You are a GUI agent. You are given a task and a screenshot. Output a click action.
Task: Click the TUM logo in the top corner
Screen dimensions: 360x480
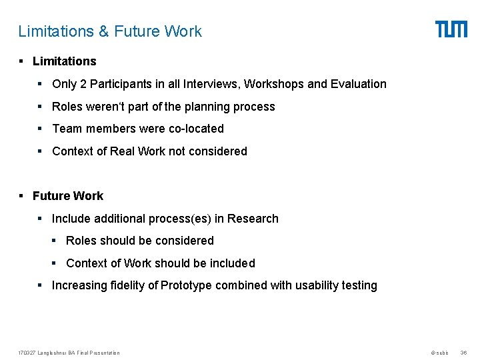tap(451, 29)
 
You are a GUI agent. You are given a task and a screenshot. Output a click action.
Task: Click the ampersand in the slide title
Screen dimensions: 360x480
tap(103, 31)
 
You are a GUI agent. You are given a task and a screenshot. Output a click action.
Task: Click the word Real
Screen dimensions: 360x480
tap(122, 151)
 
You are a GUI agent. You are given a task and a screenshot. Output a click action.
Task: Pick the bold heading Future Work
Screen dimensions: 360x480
tap(68, 196)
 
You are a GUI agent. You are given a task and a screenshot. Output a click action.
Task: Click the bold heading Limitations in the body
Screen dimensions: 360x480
tap(64, 61)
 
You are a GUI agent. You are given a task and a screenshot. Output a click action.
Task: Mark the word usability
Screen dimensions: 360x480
tap(313, 285)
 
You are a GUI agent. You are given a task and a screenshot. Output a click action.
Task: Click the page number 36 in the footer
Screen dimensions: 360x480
tap(464, 353)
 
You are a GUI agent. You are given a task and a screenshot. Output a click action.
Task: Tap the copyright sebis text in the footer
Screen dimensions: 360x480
tap(439, 353)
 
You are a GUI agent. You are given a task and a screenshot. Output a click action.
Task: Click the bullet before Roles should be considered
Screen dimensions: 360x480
tap(56, 241)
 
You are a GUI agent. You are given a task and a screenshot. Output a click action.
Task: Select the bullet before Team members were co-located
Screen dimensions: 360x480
tap(41, 129)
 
